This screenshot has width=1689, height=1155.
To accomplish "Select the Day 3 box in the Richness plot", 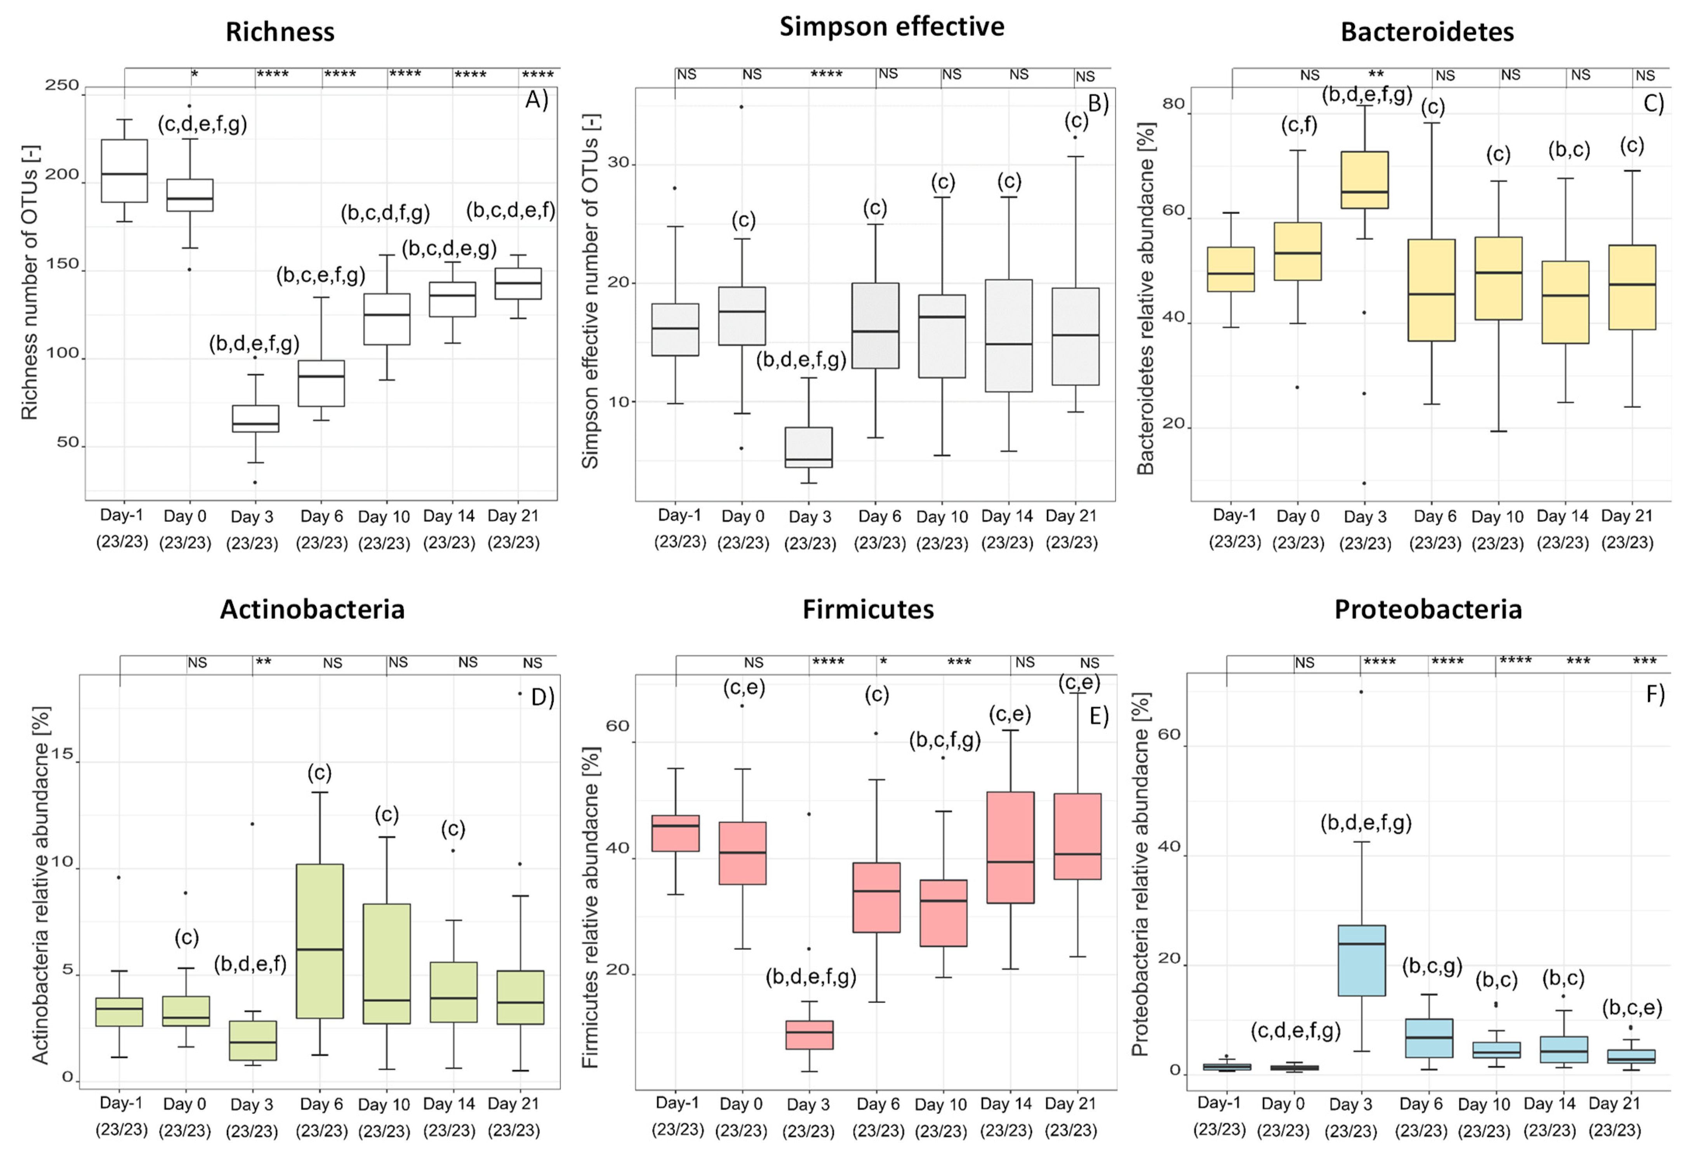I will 255,419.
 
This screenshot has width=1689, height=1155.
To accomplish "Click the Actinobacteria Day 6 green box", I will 320,941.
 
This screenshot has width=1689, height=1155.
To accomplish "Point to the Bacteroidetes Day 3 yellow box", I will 1364,180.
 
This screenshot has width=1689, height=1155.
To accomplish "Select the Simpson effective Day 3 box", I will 809,447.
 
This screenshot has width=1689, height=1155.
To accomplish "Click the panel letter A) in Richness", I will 536,99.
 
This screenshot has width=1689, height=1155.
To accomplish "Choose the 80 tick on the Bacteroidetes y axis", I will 1173,104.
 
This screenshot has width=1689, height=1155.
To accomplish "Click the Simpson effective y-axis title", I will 590,291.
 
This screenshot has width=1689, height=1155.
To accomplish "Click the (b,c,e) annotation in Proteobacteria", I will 1632,1007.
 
